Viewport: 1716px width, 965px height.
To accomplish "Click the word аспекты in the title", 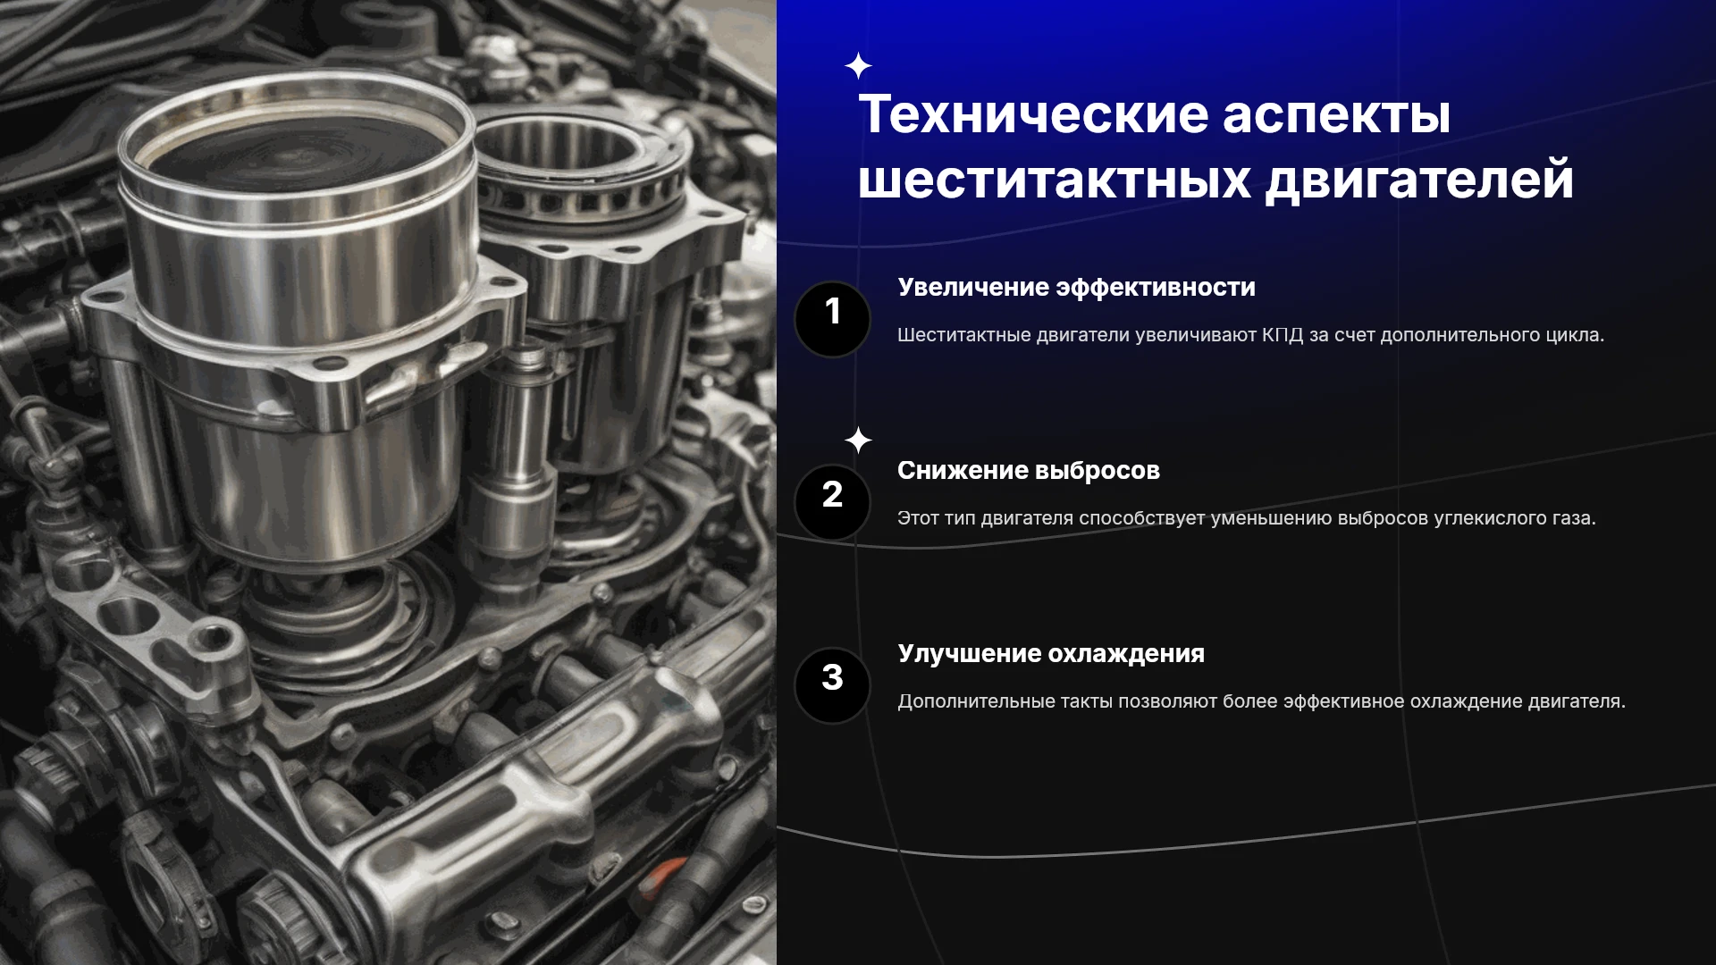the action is coord(1336,116).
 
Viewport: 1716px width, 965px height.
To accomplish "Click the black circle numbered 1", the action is coord(832,319).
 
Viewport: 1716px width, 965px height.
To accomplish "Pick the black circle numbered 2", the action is coord(832,502).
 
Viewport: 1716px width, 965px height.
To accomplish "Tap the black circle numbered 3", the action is coord(832,685).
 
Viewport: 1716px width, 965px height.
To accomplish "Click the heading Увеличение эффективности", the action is coord(1076,288).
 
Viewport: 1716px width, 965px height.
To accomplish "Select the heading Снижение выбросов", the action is coord(1028,471).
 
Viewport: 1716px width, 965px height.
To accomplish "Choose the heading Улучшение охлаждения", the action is coord(1051,654).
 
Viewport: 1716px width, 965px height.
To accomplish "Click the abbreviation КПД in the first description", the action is coord(1283,335).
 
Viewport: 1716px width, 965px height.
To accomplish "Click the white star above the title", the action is coord(858,66).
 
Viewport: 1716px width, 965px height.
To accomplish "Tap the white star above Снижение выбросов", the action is coord(858,441).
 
